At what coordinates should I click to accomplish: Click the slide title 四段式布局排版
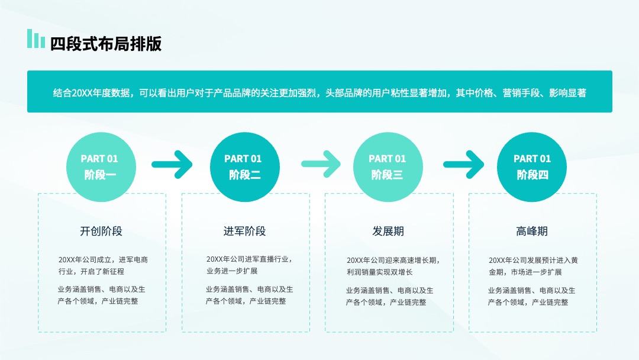coord(105,44)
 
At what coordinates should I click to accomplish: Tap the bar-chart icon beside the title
coord(36,38)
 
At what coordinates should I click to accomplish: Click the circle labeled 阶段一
coord(101,167)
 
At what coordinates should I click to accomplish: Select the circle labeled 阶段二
coord(244,167)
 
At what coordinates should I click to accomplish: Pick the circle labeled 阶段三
coord(388,167)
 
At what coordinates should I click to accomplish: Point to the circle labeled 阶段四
coord(532,167)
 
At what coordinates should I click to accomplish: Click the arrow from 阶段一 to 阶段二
coord(172,164)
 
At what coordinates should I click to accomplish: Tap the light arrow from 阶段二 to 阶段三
coord(321,164)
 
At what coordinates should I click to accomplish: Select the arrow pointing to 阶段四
coord(464,164)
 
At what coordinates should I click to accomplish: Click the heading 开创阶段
coord(101,231)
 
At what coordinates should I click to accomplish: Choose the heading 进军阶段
coord(244,231)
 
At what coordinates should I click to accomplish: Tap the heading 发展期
coord(388,231)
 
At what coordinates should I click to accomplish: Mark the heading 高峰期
coord(532,231)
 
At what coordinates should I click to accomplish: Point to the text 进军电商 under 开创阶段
coord(133,260)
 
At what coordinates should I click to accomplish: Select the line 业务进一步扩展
coord(232,271)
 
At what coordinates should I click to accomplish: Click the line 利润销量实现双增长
coord(380,272)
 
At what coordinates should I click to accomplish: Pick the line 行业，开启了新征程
coord(91,272)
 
